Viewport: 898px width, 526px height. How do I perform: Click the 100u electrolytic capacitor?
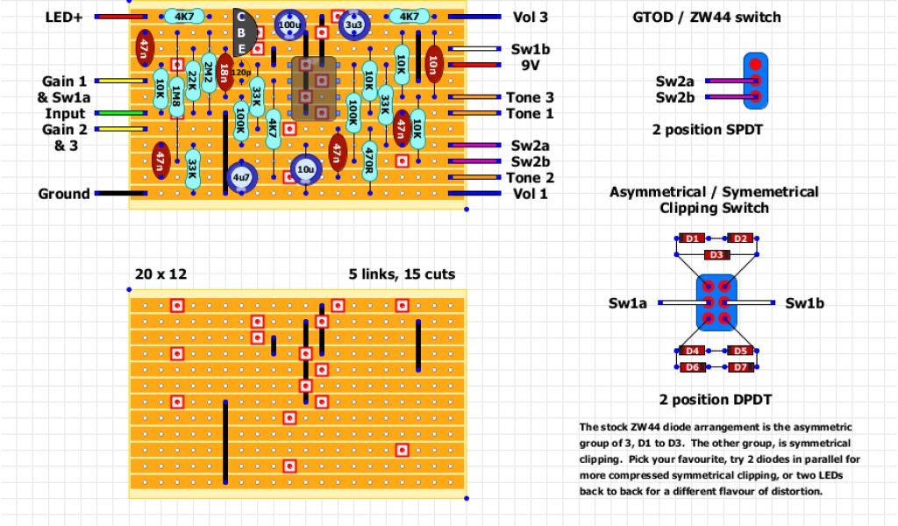pos(289,26)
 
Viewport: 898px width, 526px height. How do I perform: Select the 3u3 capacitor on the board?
pos(353,26)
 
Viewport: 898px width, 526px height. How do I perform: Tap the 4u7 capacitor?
pos(241,177)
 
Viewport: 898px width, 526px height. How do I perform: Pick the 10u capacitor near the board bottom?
pos(305,170)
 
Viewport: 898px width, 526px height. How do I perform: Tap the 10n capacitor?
pos(433,64)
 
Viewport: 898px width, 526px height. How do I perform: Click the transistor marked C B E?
pos(245,34)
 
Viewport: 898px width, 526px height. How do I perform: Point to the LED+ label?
pos(64,17)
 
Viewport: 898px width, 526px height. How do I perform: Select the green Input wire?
pos(121,113)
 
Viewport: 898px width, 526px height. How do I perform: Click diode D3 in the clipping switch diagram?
pos(716,255)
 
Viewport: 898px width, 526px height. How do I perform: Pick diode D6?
pos(693,366)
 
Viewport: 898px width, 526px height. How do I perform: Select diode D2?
pos(740,238)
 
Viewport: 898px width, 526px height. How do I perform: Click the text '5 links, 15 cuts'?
pos(402,274)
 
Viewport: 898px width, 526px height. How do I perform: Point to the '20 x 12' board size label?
pos(161,274)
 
